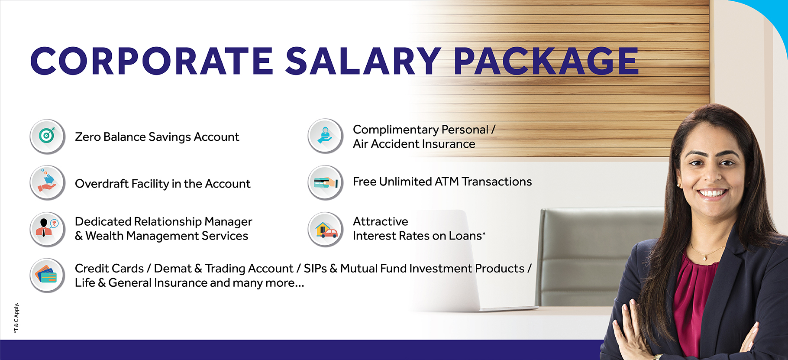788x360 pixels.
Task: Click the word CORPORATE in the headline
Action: tap(152, 61)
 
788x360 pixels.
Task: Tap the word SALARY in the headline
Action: tap(363, 61)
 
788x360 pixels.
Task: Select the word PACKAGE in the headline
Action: tap(546, 61)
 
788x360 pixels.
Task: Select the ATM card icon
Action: tap(326, 182)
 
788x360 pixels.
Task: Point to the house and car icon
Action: tap(326, 229)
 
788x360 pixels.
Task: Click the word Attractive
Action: tap(381, 221)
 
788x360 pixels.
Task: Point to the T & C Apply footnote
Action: tap(16, 318)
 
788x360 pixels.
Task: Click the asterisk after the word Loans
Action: tap(484, 234)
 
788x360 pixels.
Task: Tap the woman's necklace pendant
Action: tap(705, 258)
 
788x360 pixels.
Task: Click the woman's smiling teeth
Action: tap(712, 192)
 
